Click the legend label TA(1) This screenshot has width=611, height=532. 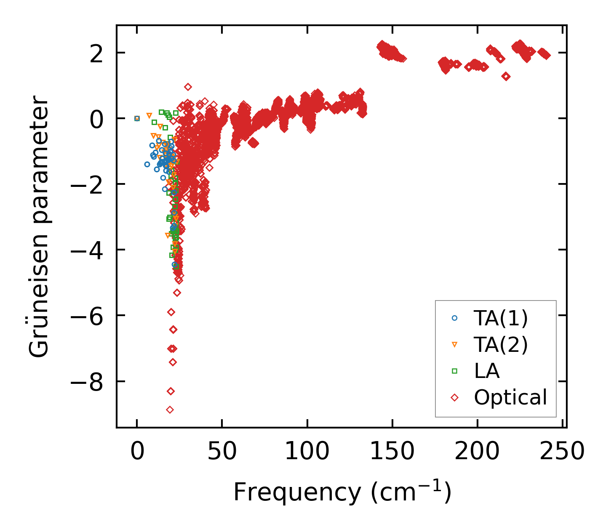[x=501, y=319]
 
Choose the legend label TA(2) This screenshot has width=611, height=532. [x=501, y=345]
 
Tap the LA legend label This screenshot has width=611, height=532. [x=487, y=371]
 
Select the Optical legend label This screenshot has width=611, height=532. [x=510, y=397]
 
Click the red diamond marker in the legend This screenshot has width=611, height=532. [x=454, y=397]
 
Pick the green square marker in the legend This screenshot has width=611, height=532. [x=454, y=371]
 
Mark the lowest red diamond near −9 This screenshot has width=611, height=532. [x=170, y=410]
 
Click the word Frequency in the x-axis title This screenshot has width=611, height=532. [x=297, y=492]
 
